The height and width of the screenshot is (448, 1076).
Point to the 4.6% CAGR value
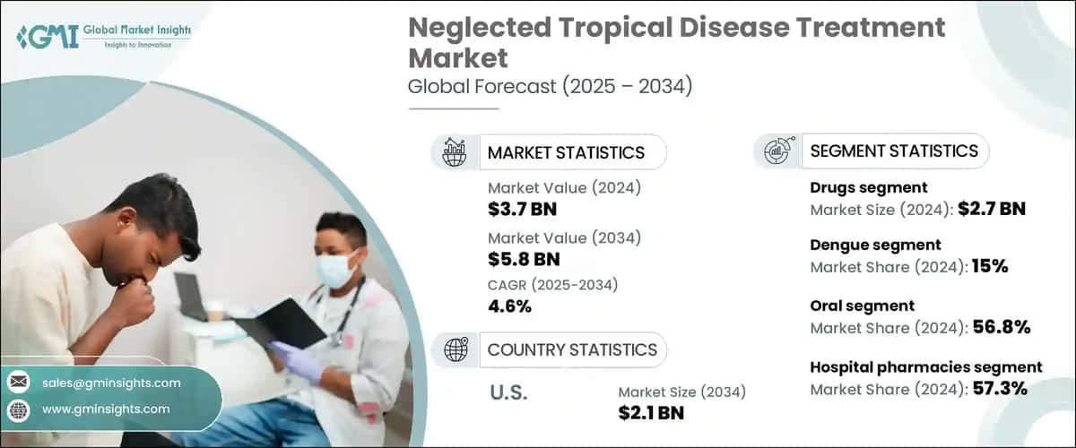coord(509,306)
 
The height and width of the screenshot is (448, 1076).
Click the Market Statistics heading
coord(565,152)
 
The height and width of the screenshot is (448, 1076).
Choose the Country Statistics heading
coord(571,349)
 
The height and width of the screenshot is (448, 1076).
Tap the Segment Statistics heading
coord(893,151)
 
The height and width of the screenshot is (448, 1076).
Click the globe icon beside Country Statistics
coord(456,349)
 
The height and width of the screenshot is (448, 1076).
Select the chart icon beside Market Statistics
coord(456,151)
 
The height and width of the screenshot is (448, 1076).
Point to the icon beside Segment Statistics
coord(777,151)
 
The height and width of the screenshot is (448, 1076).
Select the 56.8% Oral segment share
coord(1001,328)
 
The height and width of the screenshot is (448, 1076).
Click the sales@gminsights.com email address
coord(111,383)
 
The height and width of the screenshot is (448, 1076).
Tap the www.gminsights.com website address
coord(106,409)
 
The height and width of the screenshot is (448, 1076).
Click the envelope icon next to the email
coord(18,383)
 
